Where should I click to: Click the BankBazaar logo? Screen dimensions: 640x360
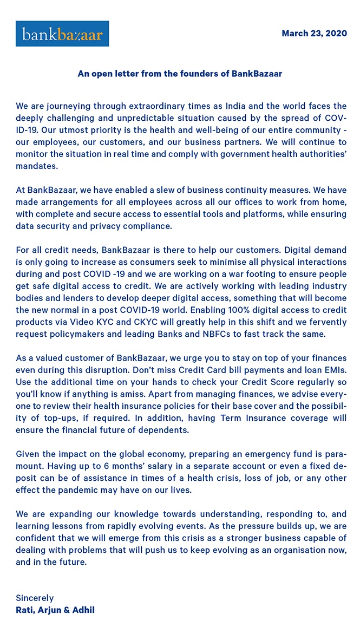coord(62,34)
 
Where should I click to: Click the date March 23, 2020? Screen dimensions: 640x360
coord(314,34)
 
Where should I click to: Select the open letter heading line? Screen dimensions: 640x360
coord(180,73)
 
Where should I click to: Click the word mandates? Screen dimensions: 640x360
coord(36,165)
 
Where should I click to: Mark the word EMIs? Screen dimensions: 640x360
coord(333,370)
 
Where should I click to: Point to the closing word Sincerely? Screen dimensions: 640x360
coord(35,598)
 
